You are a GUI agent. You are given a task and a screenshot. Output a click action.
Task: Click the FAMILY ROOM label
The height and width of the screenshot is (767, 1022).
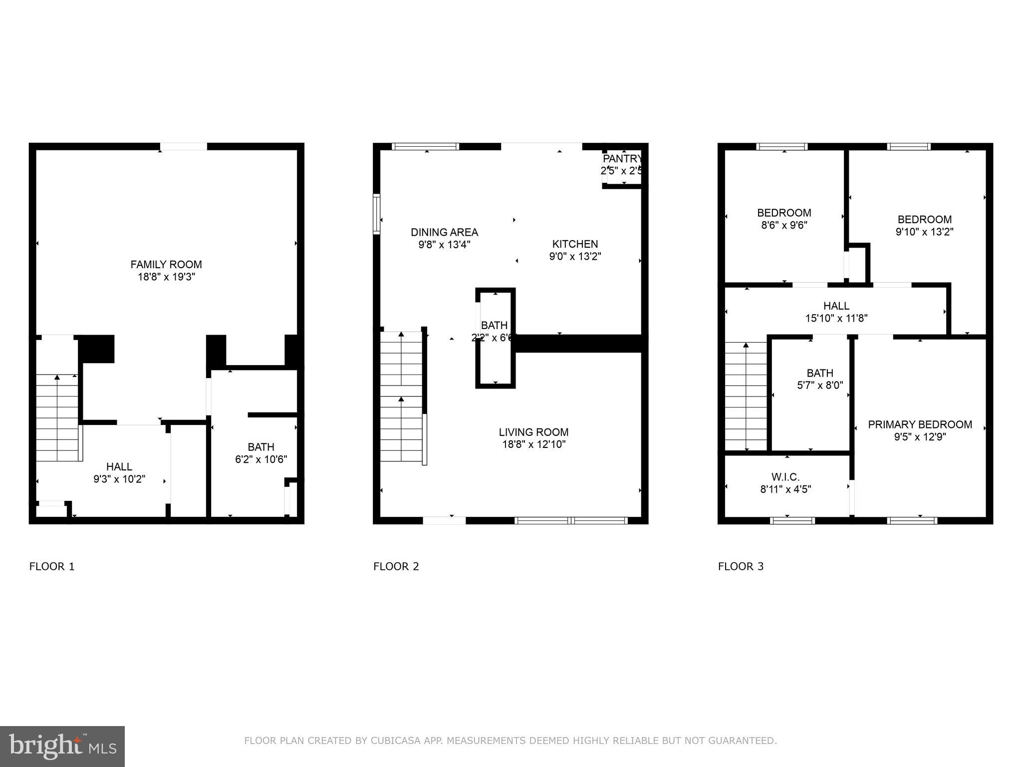tap(166, 265)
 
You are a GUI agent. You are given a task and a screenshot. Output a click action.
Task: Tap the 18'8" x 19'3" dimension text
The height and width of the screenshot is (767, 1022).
tap(166, 277)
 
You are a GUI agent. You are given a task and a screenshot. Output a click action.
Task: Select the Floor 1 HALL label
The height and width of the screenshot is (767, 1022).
tap(119, 467)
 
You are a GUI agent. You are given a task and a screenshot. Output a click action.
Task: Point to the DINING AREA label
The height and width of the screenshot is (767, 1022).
tap(444, 232)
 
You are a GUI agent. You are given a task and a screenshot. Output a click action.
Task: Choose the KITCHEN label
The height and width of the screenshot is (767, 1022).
tap(575, 244)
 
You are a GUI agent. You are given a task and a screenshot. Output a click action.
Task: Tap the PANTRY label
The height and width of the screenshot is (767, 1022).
tap(622, 159)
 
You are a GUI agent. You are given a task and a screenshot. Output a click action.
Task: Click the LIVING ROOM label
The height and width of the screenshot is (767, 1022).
tap(533, 432)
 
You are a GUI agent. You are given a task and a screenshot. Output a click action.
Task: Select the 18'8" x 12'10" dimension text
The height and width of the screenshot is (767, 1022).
tap(533, 445)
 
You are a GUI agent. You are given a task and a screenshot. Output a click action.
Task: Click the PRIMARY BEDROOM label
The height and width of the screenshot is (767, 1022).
tap(920, 424)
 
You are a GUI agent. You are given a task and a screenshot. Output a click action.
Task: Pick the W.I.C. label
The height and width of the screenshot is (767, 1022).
tap(785, 477)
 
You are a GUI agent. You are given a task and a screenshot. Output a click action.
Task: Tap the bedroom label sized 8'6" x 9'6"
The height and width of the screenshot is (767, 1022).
tap(784, 213)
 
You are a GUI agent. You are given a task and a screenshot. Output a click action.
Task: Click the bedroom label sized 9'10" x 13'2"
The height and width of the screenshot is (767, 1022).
tap(924, 220)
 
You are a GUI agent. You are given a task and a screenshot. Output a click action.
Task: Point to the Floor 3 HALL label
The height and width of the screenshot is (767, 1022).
tap(836, 306)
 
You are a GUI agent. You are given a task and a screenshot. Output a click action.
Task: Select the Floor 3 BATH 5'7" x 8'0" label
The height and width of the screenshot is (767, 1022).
tap(820, 373)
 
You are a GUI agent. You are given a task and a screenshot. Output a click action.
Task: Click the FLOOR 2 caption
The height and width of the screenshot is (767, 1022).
tap(396, 566)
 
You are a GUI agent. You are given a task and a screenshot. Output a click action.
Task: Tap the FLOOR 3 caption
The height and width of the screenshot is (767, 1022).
tap(741, 566)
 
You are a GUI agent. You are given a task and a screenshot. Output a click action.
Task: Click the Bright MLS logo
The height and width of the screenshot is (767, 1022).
tap(62, 746)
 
